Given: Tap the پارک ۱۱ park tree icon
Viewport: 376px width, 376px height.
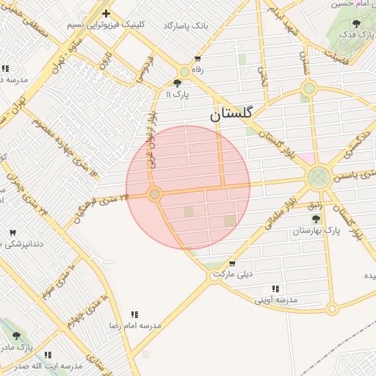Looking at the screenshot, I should [x=178, y=83].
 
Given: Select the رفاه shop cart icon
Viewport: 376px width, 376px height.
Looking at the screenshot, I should [x=198, y=59].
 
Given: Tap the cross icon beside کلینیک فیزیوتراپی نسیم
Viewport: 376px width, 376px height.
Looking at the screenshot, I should [x=106, y=13].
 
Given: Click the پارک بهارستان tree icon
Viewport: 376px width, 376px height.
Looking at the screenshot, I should [x=316, y=219].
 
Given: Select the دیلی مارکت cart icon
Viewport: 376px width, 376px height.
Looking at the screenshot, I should [x=232, y=264].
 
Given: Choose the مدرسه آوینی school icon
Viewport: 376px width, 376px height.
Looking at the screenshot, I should [x=275, y=289].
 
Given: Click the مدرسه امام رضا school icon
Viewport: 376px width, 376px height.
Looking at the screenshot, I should [x=134, y=314].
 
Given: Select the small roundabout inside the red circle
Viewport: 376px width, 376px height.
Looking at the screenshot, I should [x=154, y=195].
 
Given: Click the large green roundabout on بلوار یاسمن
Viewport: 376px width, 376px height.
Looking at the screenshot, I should [x=319, y=176].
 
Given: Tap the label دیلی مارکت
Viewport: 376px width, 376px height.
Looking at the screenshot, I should [x=232, y=275].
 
